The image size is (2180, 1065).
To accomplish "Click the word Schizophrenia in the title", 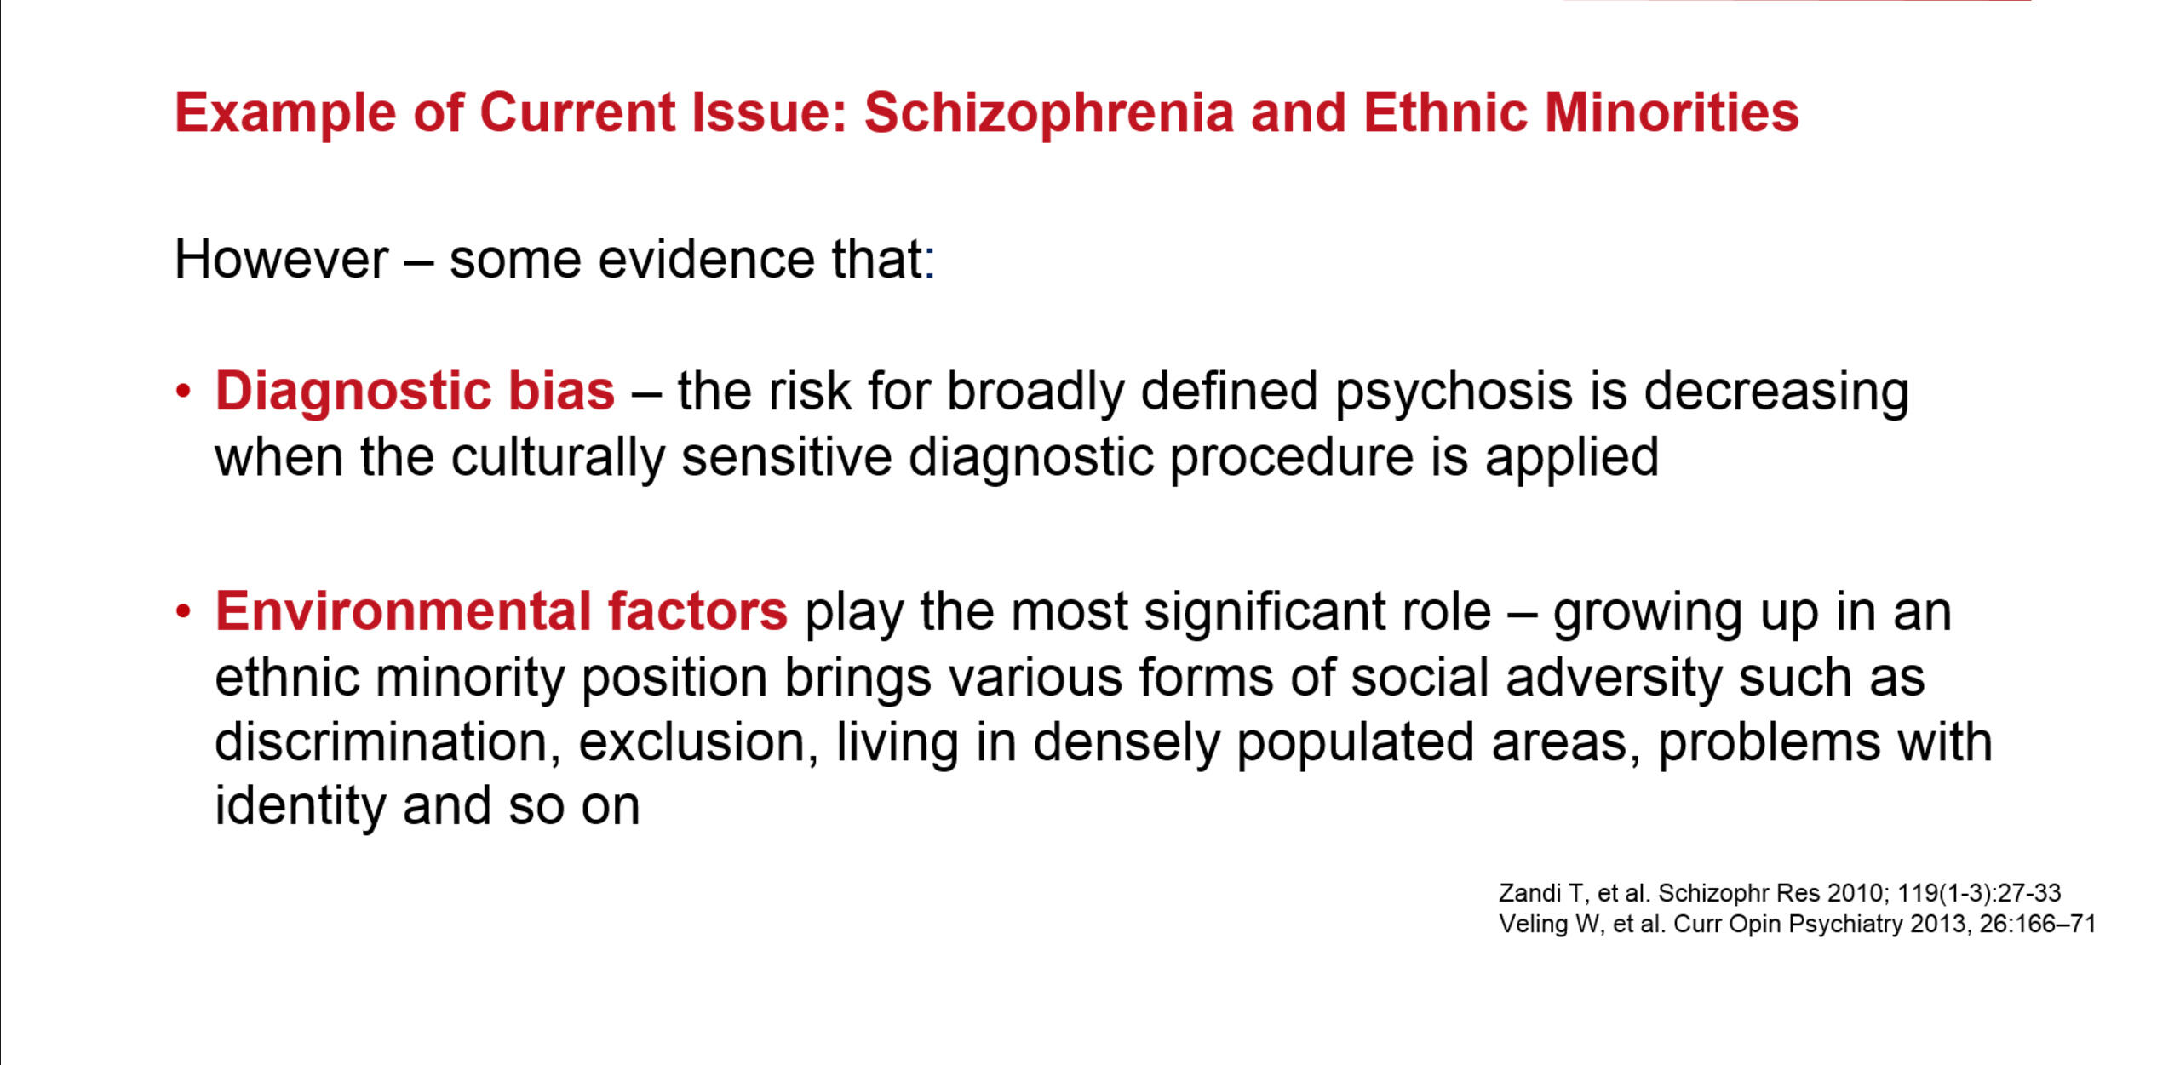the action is (1049, 114).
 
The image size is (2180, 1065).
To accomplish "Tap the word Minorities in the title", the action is (1672, 112).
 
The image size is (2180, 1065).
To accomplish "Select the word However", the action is (282, 259).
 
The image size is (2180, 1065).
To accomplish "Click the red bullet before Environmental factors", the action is (183, 613).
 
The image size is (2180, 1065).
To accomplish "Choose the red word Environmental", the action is (403, 611).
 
